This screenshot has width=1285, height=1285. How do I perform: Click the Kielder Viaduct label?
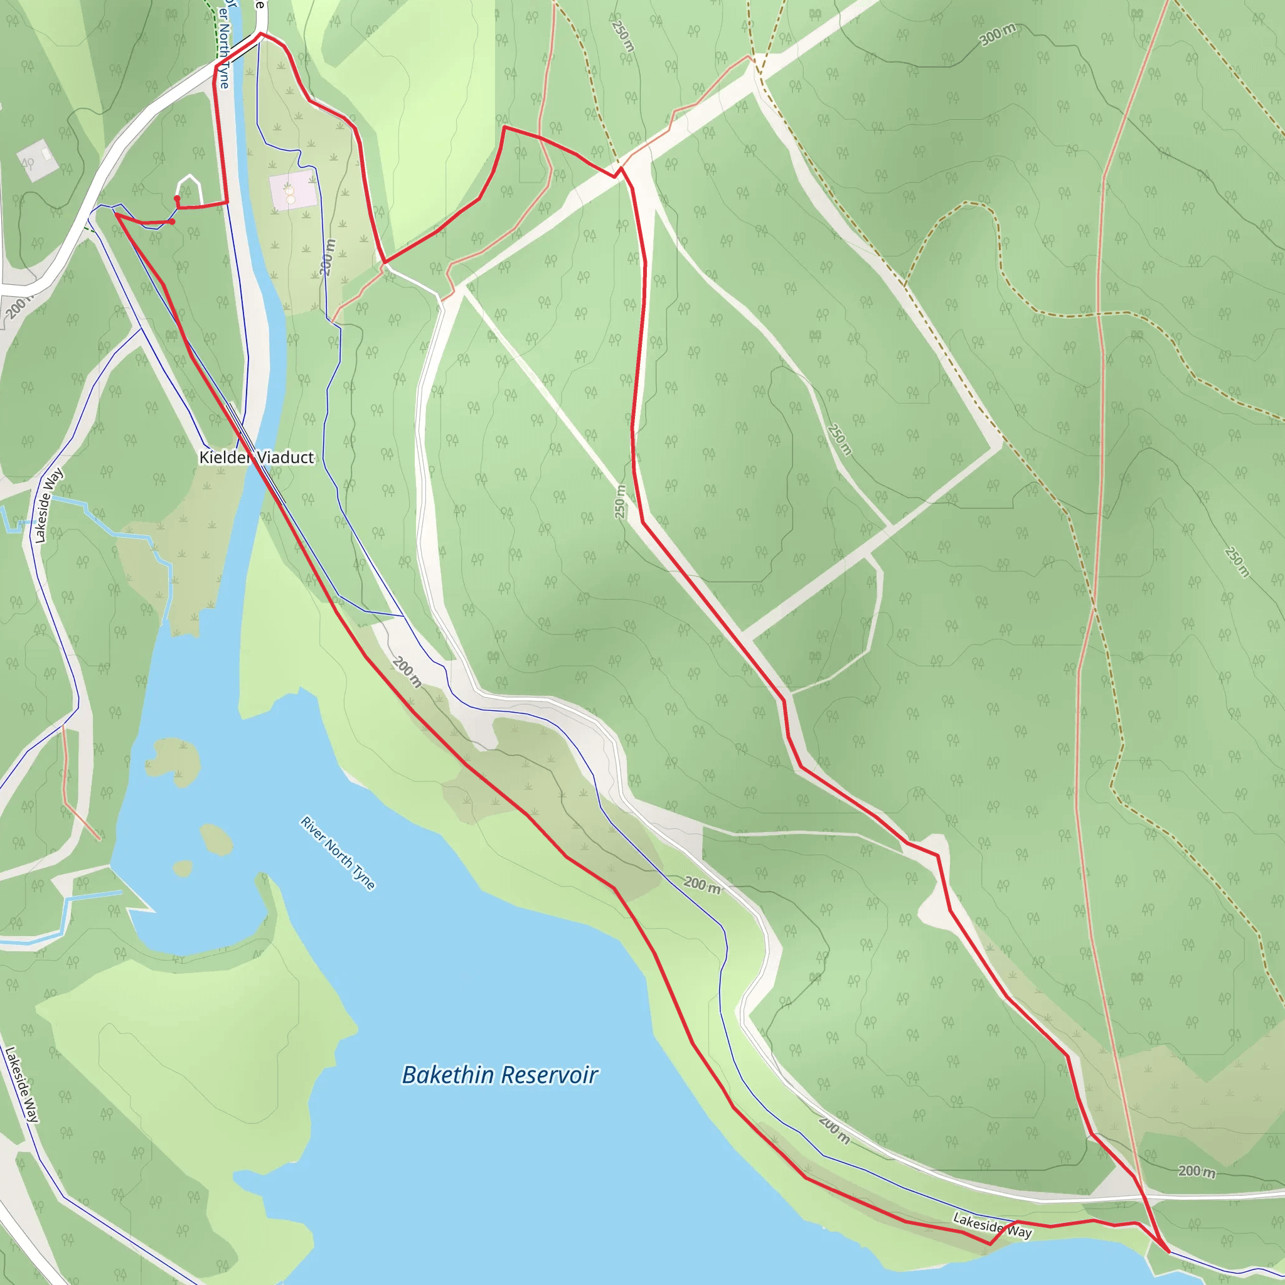pos(257,457)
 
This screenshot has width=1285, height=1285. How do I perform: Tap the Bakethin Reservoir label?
pos(499,1075)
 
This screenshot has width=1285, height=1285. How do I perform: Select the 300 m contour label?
pos(998,35)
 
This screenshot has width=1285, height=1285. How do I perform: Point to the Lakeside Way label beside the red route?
pos(992,1225)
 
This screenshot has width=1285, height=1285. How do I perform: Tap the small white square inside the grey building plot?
pos(46,153)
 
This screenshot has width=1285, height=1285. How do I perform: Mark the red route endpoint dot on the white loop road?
pos(177,198)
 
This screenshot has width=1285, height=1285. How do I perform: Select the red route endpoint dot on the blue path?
pos(173,221)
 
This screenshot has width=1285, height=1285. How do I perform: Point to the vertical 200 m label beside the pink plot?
pos(328,257)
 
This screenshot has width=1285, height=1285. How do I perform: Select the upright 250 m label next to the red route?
pos(620,502)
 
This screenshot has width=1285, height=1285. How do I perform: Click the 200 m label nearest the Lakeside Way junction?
pos(1197,1171)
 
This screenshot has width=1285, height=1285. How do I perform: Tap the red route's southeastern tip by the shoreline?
pos(1168,1251)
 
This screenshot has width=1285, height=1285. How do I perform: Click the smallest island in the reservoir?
pos(182,868)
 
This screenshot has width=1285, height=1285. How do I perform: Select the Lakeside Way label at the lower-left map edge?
pos(21,1085)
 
